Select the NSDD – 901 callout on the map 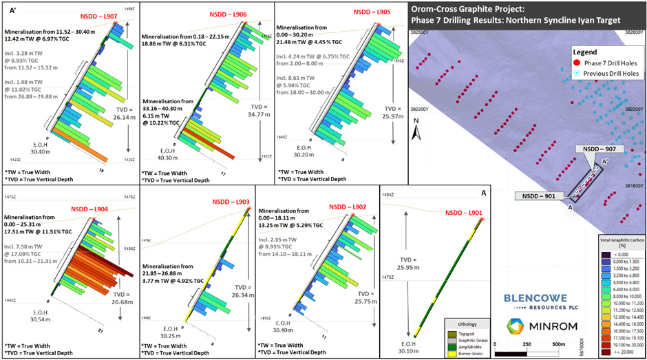540,196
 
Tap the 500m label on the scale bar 559,344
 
